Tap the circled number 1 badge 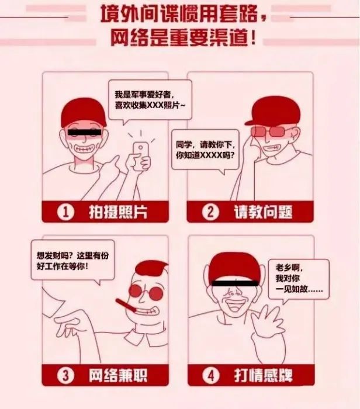tap(67, 212)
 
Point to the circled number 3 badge tap(67, 375)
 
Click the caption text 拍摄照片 tap(117, 213)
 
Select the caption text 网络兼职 tap(117, 375)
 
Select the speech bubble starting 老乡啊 tap(295, 279)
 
